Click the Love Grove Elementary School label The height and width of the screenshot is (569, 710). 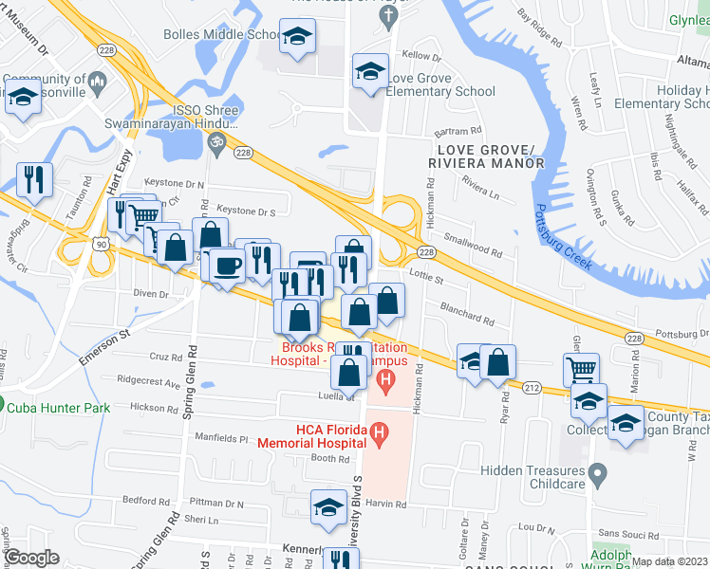(441, 84)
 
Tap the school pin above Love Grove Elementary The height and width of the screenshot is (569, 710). (370, 71)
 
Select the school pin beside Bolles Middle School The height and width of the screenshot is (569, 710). (298, 37)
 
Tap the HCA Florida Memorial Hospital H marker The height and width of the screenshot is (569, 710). (380, 435)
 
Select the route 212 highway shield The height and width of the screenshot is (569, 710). (532, 388)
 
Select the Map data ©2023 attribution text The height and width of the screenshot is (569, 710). (669, 561)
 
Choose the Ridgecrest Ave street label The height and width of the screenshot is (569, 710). (148, 384)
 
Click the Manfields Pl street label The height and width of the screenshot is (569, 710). (223, 438)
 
